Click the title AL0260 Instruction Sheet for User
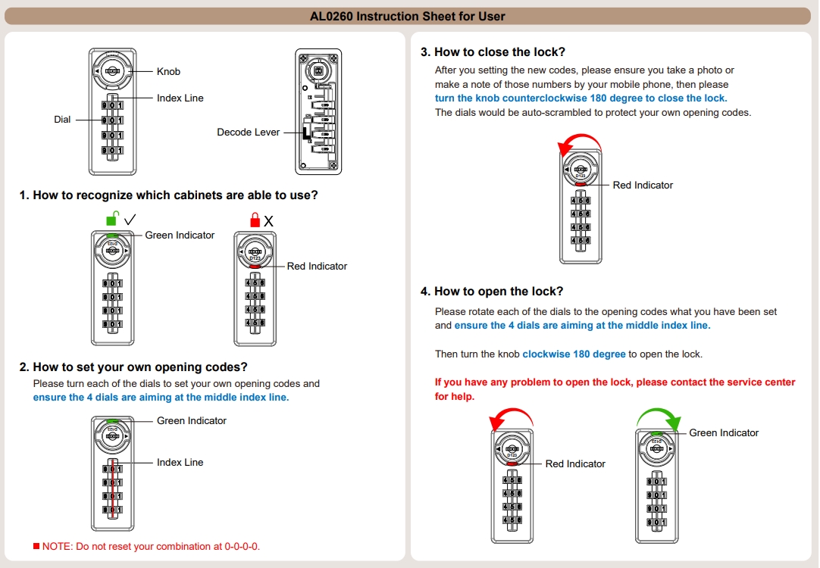(407, 16)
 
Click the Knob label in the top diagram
(168, 71)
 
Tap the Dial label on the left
(62, 119)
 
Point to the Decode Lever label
(249, 132)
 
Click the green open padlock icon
(112, 219)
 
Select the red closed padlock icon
(255, 220)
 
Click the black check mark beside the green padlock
(130, 219)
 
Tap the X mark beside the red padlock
(268, 220)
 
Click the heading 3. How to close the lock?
(493, 52)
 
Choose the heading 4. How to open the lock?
(492, 292)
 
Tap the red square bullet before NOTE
(36, 546)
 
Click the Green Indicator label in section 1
(180, 235)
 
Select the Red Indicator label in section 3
(643, 185)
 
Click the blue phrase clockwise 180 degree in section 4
(574, 354)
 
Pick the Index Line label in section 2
(180, 462)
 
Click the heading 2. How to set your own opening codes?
(133, 367)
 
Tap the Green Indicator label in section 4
(724, 432)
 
